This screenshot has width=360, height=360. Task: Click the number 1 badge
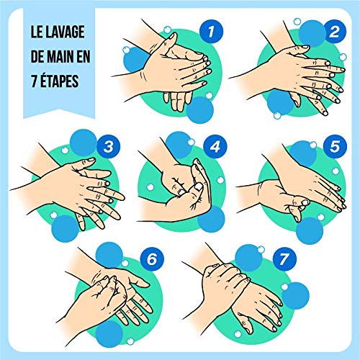tap(211, 31)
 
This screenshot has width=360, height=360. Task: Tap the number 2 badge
tap(332, 31)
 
